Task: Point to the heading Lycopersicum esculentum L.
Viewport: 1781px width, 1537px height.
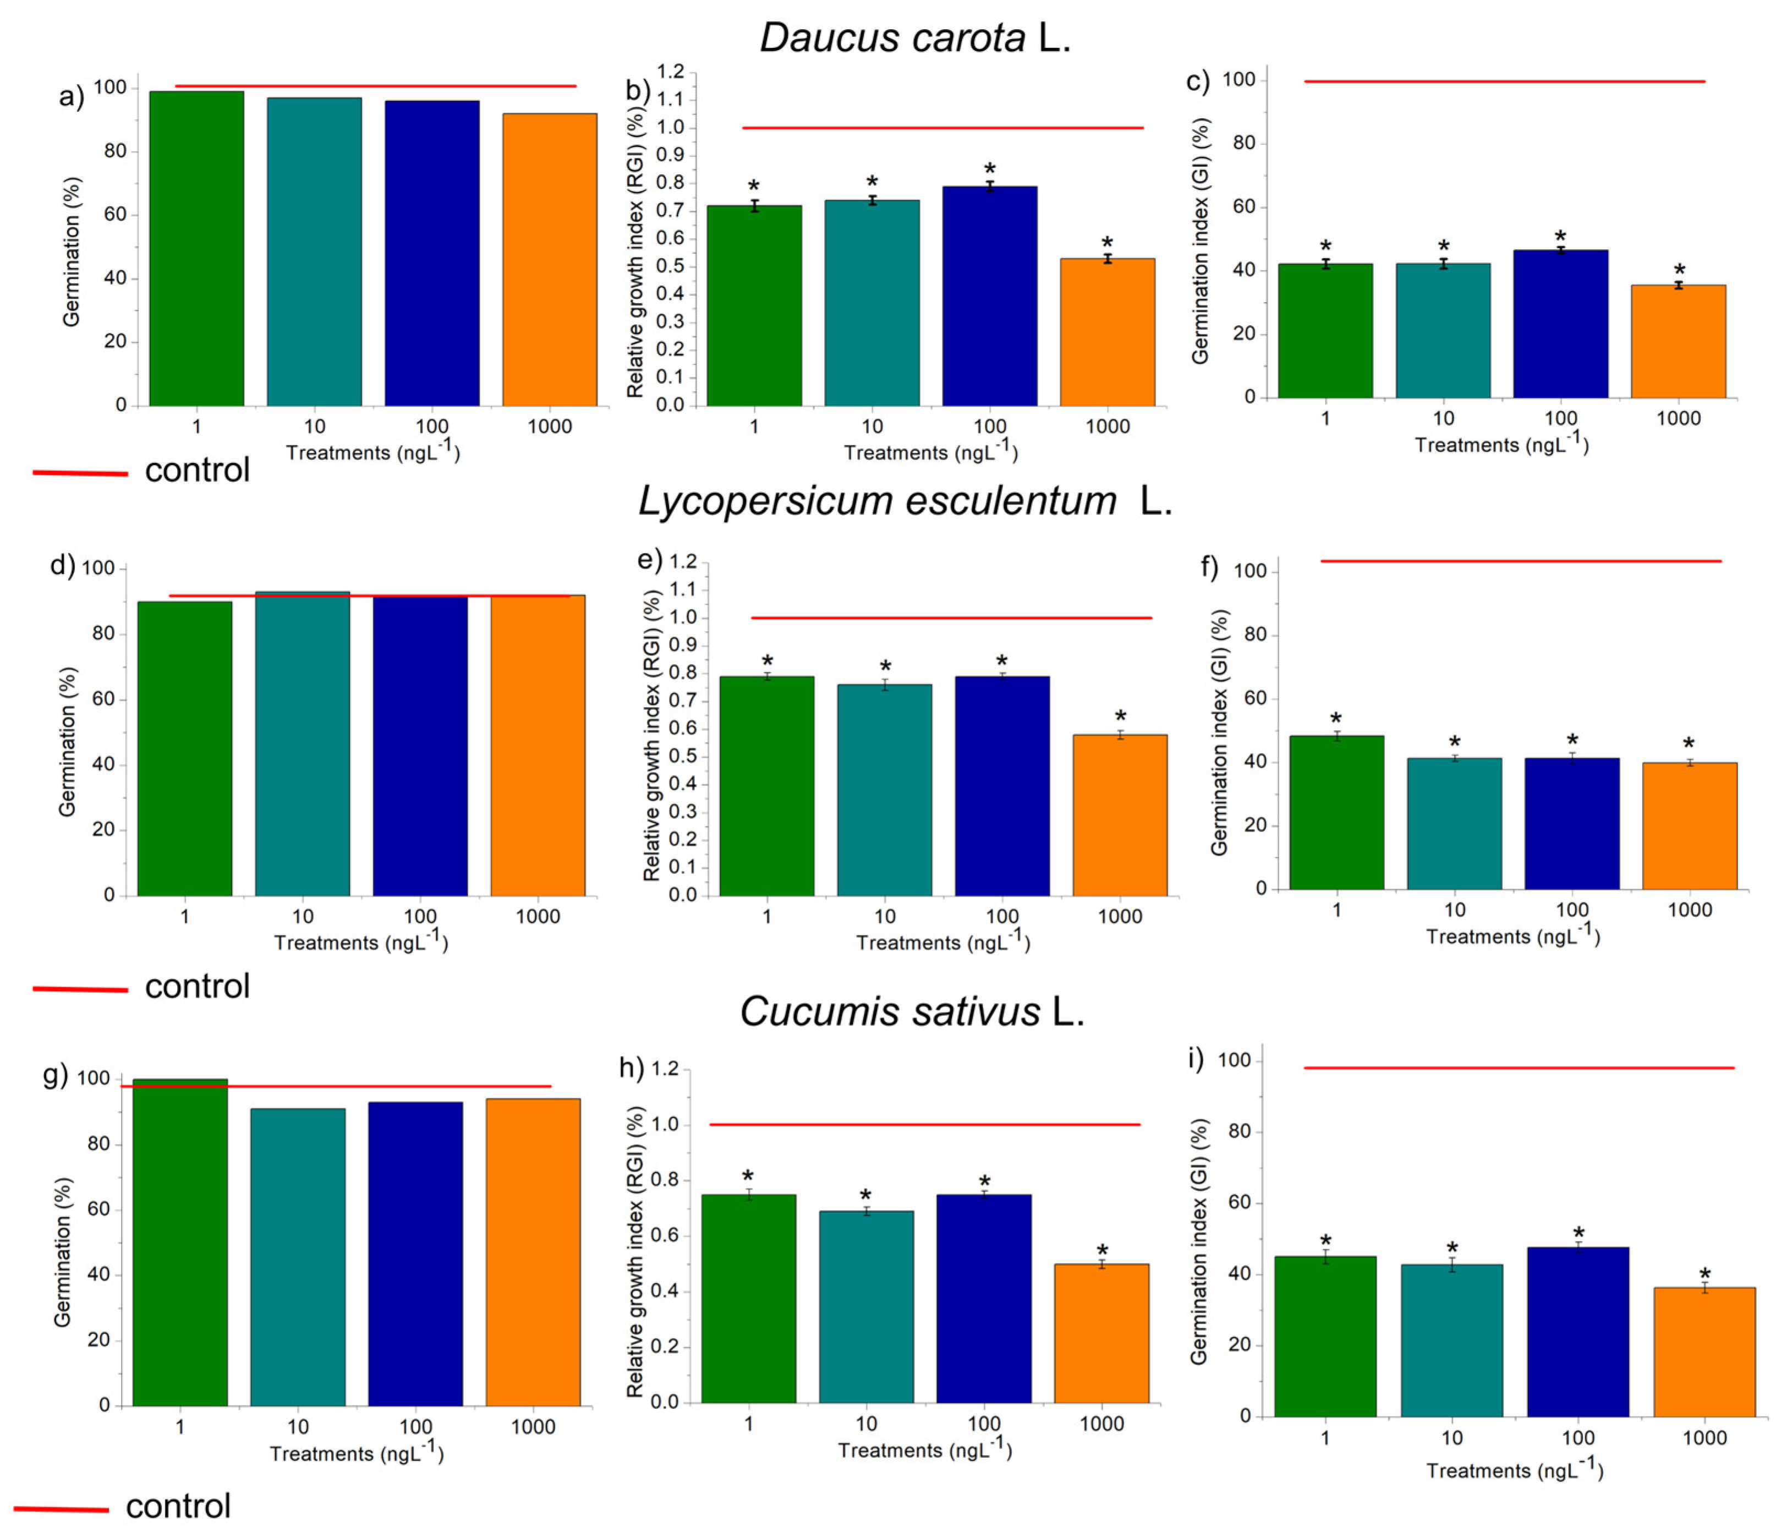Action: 904,500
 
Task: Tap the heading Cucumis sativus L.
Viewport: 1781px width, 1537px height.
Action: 912,1012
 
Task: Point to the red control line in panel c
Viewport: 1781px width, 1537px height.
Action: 1504,81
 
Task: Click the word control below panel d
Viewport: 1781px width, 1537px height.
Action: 197,986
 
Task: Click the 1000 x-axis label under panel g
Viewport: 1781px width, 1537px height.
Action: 533,1427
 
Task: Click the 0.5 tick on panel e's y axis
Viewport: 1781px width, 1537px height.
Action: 683,757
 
